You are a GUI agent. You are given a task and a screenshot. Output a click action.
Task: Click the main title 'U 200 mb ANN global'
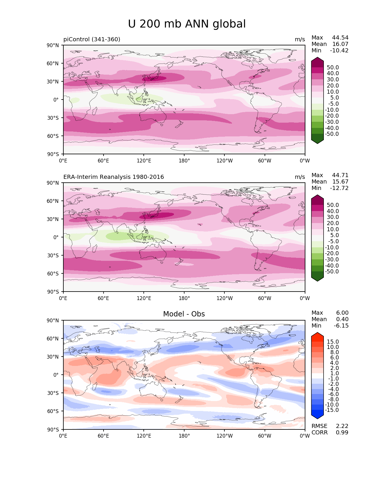pos(187,24)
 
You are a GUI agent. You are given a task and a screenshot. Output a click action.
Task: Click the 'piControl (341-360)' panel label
pos(92,39)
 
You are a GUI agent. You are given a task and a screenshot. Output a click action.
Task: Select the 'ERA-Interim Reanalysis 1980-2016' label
pos(114,177)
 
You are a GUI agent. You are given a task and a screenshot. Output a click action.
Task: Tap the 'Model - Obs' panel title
pos(184,314)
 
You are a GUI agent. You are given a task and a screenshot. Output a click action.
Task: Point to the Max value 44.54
pos(340,37)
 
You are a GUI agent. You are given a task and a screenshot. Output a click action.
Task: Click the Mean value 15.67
pos(340,181)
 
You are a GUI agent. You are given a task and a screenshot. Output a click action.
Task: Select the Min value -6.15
pos(341,326)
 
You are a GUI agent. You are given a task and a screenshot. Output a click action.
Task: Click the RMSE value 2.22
pos(342,426)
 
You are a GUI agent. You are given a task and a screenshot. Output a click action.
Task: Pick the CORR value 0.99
pos(342,432)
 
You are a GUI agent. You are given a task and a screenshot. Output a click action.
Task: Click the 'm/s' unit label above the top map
pos(300,39)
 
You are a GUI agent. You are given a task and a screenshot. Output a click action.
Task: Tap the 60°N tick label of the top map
pos(53,64)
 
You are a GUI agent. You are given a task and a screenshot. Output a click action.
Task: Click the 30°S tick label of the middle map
pos(53,256)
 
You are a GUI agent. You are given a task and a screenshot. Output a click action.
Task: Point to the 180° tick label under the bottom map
pos(184,436)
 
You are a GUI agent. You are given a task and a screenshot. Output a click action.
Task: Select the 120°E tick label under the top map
pos(144,161)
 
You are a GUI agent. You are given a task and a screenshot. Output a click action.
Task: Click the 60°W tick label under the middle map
pos(265,298)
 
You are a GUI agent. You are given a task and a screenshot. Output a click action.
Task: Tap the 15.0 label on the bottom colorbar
pos(333,342)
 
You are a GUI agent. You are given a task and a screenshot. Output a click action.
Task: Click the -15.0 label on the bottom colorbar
pos(332,410)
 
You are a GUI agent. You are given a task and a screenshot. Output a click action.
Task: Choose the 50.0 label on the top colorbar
pos(333,67)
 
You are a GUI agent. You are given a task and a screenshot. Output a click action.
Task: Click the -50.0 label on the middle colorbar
pos(332,271)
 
